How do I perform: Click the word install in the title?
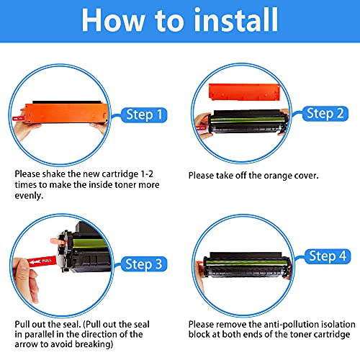point(236,19)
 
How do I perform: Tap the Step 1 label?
point(144,114)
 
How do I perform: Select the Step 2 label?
point(325,114)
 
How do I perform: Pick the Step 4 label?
point(328,256)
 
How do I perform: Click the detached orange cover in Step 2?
point(244,91)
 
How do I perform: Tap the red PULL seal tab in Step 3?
point(42,261)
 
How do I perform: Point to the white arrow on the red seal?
point(35,261)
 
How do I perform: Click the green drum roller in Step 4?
point(247,262)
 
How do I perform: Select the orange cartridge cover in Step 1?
point(66,113)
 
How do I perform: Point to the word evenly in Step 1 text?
point(29,196)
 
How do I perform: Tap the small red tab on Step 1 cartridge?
point(17,118)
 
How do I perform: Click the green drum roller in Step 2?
point(247,120)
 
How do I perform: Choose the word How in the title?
point(113,20)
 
